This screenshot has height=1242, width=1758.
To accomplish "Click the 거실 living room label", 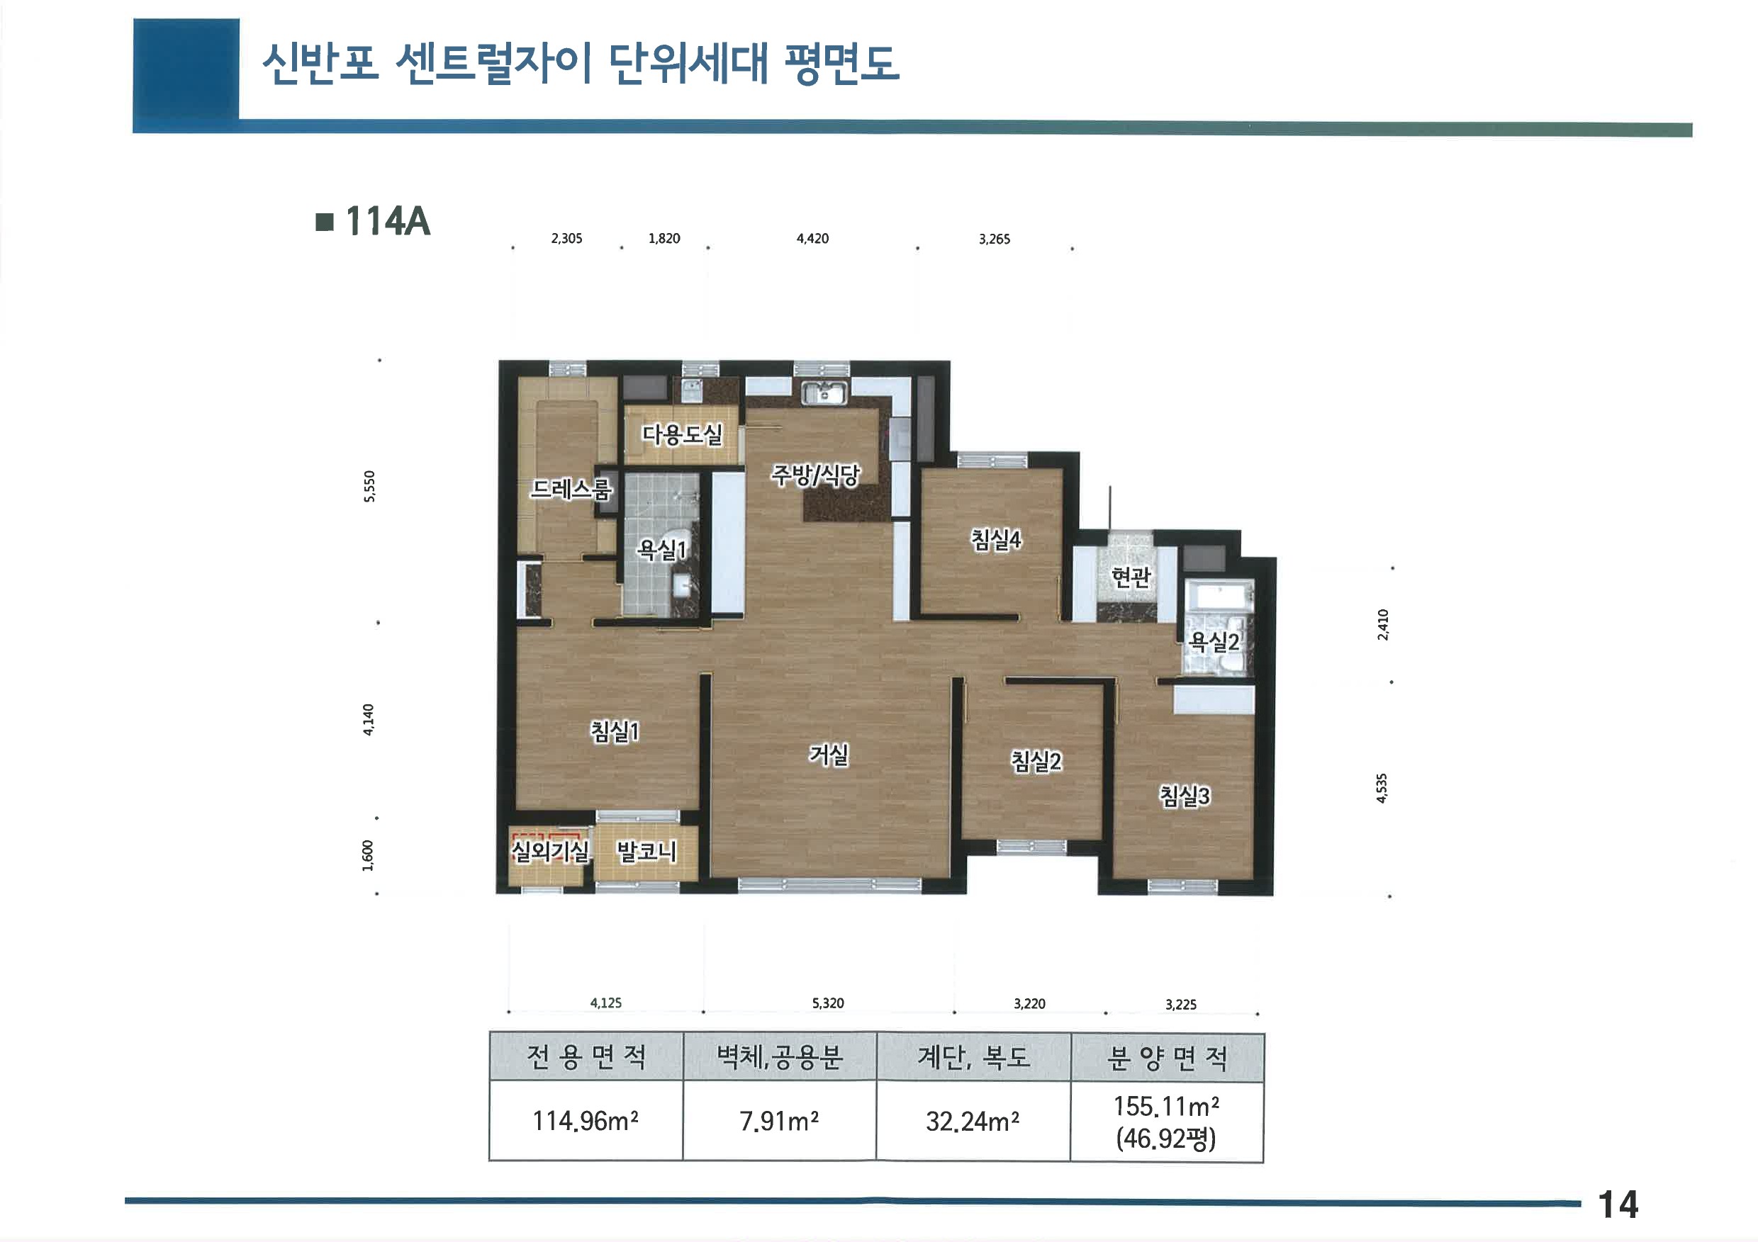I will [829, 755].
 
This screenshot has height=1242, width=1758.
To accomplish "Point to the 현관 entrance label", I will [1131, 576].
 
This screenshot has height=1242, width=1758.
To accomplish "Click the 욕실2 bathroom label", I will [1214, 641].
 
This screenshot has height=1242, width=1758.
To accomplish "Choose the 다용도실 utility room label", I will [681, 434].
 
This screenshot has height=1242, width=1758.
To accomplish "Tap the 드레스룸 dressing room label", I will [571, 488].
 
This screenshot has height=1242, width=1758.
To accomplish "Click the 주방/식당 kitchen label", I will [814, 475].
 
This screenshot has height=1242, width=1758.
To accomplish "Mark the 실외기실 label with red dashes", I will [550, 850].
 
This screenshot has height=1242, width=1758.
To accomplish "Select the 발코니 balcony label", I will [647, 850].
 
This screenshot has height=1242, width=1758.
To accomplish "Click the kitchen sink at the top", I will [824, 393].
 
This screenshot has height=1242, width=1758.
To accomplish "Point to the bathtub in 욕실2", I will [1219, 597].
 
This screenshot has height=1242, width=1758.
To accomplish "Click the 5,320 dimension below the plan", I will [828, 1003].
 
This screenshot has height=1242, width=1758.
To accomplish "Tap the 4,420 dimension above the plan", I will [812, 239].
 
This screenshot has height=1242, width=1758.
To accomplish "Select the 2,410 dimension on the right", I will [1383, 624].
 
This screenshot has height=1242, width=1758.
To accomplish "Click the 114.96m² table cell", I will [586, 1121].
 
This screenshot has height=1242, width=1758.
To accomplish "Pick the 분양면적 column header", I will [1167, 1058].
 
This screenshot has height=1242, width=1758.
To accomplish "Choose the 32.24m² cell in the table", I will [973, 1121].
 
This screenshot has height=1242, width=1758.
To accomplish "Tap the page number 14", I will [1618, 1204].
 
